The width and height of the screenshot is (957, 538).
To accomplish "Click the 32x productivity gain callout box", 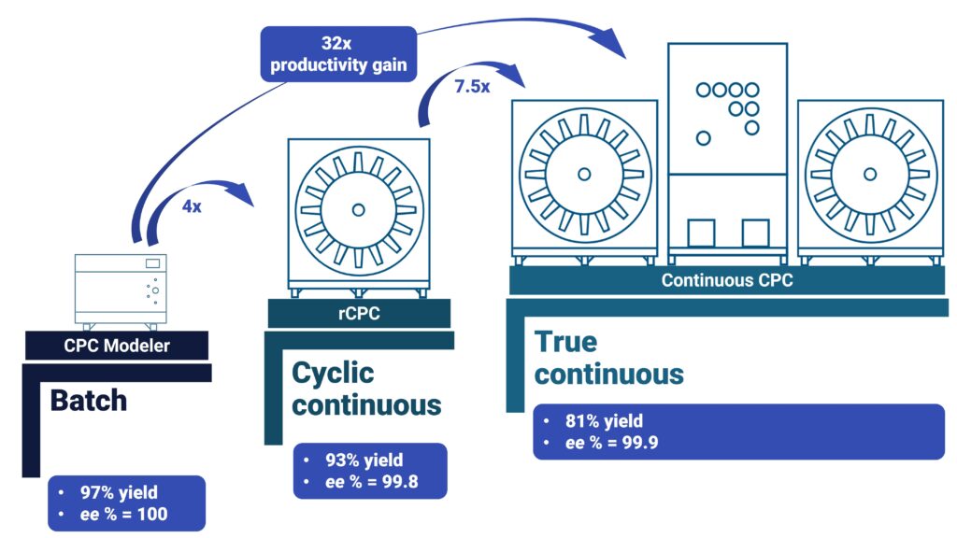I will [337, 53].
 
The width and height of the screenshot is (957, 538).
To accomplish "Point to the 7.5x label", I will [471, 86].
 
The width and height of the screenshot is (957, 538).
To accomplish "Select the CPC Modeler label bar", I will [118, 346].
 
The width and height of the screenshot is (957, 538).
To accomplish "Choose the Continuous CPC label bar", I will [727, 279].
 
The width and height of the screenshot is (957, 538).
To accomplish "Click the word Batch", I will [88, 400].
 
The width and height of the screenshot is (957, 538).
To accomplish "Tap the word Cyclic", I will [333, 373].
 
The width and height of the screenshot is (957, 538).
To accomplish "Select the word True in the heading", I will [565, 342].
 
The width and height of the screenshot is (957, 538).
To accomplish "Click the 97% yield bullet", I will [119, 492].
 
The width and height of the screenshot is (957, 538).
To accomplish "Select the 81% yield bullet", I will [604, 420].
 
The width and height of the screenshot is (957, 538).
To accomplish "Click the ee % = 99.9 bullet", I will [611, 443].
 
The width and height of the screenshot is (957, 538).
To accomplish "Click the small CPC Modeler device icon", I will [121, 290].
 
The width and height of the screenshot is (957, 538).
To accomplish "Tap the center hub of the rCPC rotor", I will [358, 206].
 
